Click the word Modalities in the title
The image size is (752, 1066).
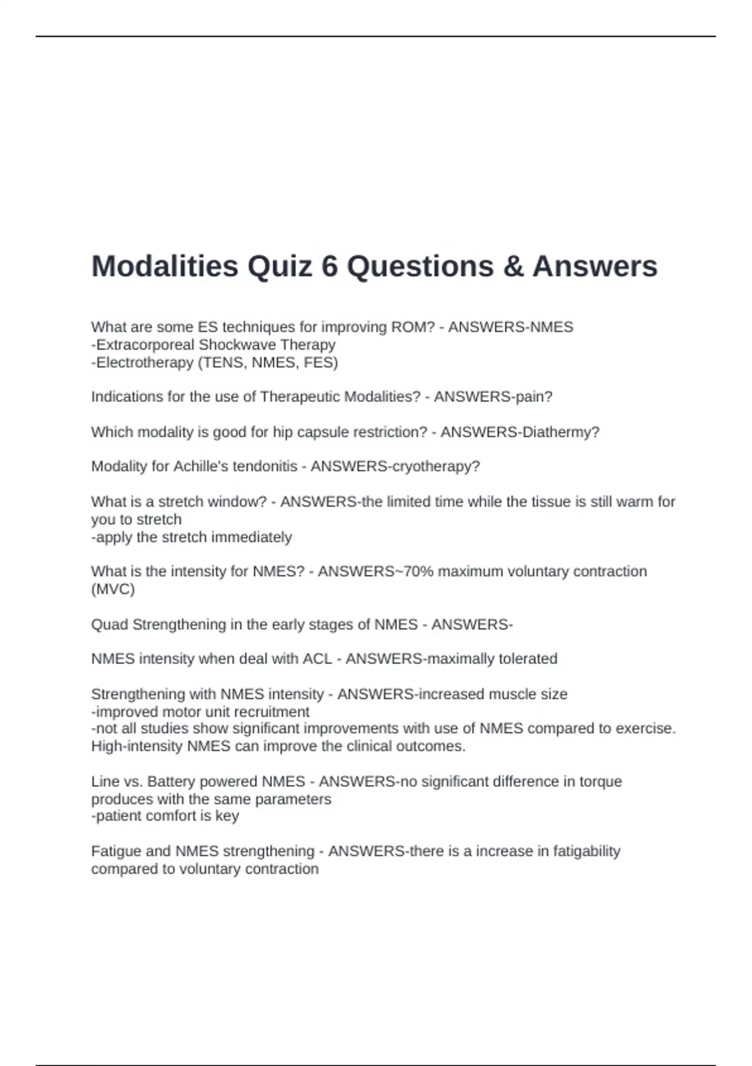pos(165,266)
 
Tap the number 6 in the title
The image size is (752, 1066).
pos(330,266)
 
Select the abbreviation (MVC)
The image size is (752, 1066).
pos(113,589)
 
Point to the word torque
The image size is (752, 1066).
pos(600,782)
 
